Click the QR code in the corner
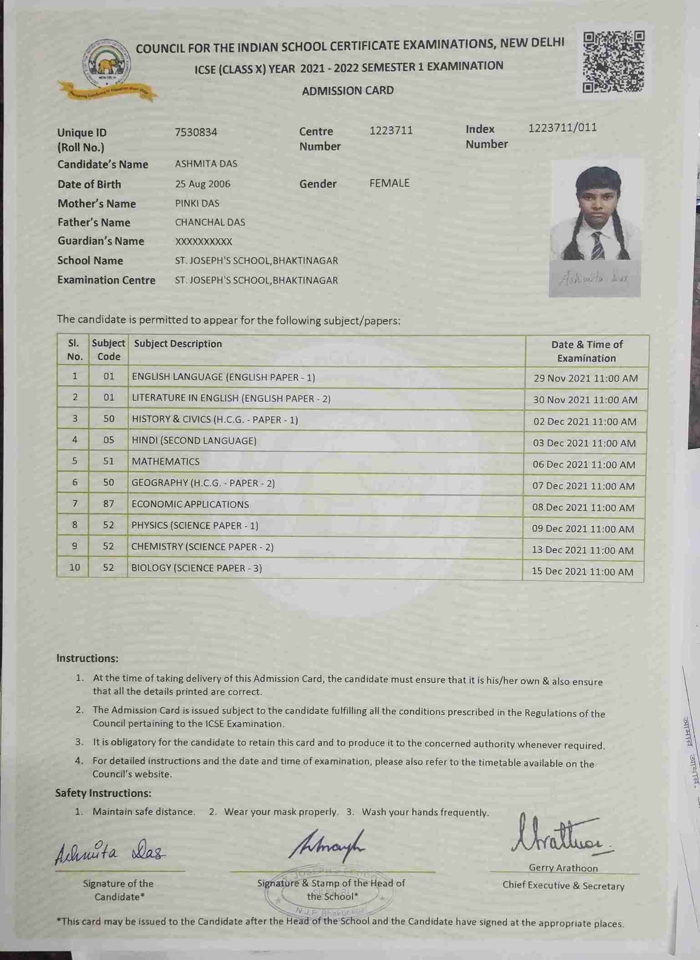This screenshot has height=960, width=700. tap(614, 62)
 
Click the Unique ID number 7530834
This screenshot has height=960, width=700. tap(196, 132)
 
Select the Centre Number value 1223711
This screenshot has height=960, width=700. tap(391, 131)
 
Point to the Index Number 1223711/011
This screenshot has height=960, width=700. tap(562, 128)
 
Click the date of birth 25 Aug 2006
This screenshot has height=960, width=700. tap(203, 184)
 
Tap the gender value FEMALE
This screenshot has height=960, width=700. tap(389, 183)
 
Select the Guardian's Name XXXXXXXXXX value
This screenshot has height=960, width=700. tap(203, 241)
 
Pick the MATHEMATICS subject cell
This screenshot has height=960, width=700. tap(166, 462)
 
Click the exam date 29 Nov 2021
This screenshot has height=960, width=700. tap(585, 378)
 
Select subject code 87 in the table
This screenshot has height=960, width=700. tap(108, 504)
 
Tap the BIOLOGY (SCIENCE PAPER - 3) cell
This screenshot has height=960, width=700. tap(197, 568)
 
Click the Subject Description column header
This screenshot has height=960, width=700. tap(178, 344)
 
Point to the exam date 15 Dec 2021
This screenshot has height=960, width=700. tap(582, 572)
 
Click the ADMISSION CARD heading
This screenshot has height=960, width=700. tap(348, 90)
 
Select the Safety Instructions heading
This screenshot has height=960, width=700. tap(103, 793)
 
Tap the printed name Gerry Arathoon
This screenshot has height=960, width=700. tap(563, 868)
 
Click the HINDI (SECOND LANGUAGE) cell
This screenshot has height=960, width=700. tap(194, 441)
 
